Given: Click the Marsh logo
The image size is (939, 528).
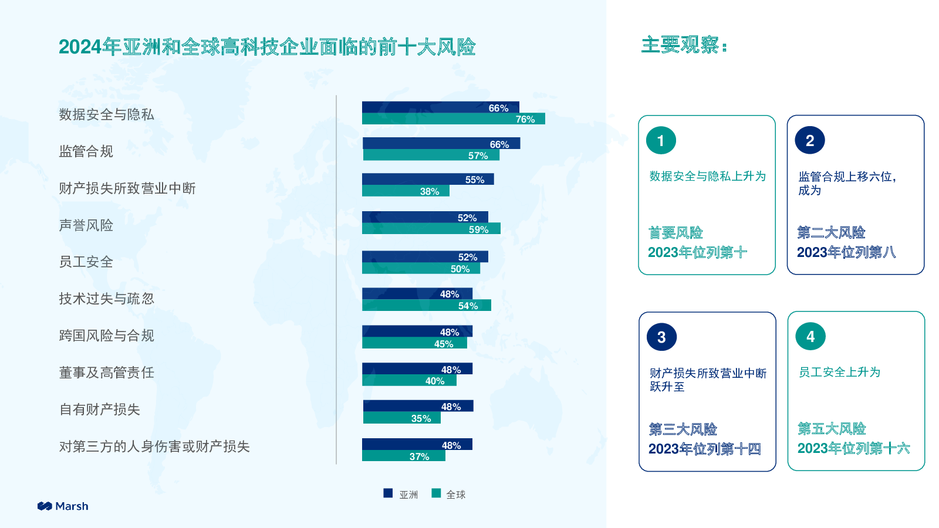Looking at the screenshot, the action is (x=63, y=506).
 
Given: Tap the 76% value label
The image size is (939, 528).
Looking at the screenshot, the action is (x=525, y=120).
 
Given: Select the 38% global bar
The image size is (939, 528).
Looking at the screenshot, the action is (x=406, y=191).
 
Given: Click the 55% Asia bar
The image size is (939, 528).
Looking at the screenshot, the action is (x=428, y=180).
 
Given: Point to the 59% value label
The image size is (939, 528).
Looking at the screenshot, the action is (x=478, y=229).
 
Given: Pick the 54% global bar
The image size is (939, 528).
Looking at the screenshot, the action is (x=427, y=306).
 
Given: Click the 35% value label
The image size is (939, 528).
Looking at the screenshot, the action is (x=421, y=419).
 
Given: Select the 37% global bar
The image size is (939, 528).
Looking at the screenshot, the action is (x=404, y=456).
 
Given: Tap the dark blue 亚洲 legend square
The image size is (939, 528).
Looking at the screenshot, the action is (x=388, y=493).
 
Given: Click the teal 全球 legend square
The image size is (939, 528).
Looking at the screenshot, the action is (x=436, y=493).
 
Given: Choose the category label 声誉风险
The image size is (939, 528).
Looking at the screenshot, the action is (x=86, y=225).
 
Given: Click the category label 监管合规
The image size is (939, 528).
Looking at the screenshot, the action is (x=86, y=151).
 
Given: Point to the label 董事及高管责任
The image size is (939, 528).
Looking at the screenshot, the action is (x=107, y=373).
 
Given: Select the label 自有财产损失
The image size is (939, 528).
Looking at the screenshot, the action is (x=100, y=409).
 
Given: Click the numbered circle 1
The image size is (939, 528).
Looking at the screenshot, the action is (x=661, y=140).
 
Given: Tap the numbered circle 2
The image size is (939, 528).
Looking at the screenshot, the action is (x=810, y=140).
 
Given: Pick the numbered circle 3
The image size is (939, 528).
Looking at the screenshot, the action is (x=661, y=337).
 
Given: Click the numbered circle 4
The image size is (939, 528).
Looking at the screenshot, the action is (x=810, y=337).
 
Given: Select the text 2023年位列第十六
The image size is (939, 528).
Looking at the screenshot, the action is (x=853, y=448).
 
